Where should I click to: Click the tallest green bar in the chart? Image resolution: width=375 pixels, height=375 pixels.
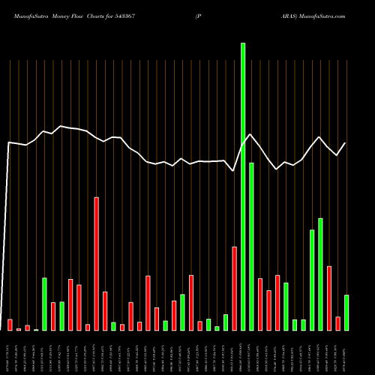[243, 187]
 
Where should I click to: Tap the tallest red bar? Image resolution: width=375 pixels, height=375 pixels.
[97, 263]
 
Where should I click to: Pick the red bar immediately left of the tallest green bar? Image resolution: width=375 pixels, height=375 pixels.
[235, 288]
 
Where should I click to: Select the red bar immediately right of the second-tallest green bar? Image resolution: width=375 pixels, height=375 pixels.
[260, 304]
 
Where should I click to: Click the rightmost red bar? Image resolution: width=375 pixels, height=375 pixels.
[337, 323]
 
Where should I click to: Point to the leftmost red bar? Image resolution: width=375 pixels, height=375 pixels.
[10, 324]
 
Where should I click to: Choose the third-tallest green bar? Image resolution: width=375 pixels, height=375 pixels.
[320, 274]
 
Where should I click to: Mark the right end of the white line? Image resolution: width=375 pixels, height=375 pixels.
[345, 143]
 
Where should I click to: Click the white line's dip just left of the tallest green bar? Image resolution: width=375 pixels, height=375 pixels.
[234, 170]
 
